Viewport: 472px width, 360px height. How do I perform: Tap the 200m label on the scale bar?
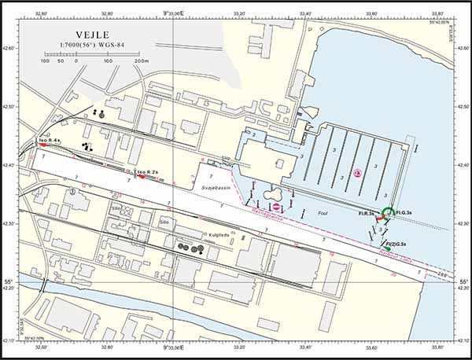point(141,61)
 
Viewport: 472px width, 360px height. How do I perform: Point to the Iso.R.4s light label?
point(50,139)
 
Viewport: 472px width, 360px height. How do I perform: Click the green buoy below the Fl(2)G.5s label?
point(387,250)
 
